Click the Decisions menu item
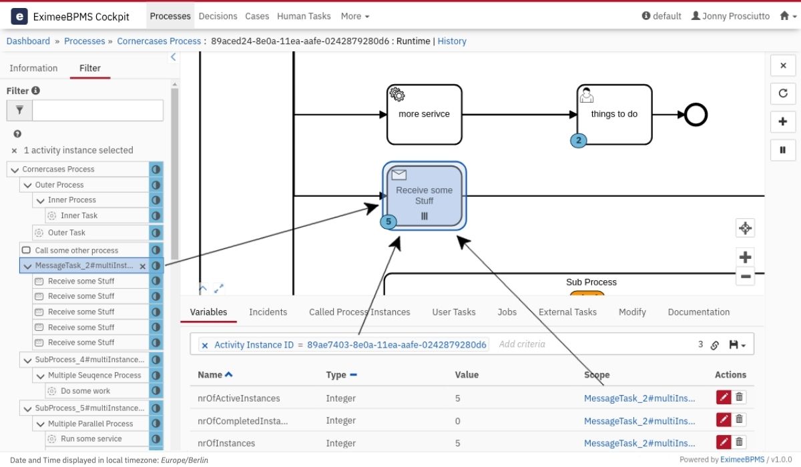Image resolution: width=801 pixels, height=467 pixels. (218, 16)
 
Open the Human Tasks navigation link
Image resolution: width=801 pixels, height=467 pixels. (304, 16)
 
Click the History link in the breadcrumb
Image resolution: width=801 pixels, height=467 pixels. (452, 41)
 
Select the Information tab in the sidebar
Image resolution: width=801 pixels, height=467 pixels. (33, 68)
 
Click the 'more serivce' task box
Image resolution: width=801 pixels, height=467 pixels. (424, 114)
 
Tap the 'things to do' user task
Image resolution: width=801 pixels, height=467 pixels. (614, 114)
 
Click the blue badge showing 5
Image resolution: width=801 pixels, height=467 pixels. (388, 222)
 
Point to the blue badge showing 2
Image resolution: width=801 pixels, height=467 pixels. (578, 140)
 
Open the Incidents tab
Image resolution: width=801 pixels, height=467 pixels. (268, 312)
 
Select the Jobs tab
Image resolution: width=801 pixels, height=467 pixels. (507, 312)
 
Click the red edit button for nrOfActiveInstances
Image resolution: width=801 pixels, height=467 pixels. (724, 397)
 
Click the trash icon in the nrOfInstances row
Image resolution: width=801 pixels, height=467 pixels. (739, 442)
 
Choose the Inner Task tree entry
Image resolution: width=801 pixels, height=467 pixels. (79, 215)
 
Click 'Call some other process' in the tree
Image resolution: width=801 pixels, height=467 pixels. (77, 250)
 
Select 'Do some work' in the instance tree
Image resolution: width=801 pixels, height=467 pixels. (85, 391)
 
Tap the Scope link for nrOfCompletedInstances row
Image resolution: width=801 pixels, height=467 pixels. (639, 421)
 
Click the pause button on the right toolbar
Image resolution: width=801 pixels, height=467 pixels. (783, 150)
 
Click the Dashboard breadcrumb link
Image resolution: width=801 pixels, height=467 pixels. (28, 41)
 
